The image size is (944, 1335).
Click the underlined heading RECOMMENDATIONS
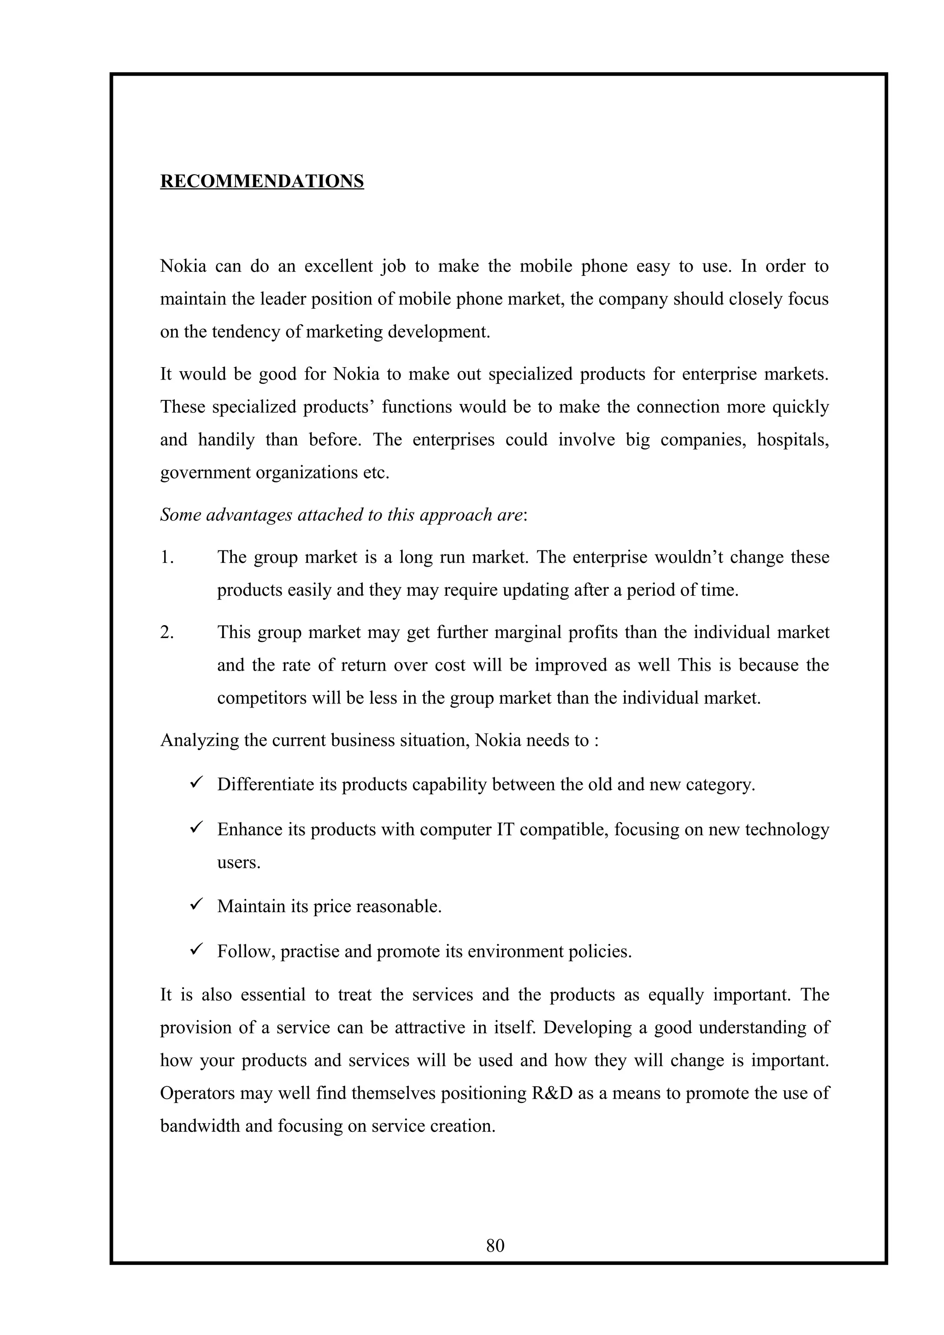(x=262, y=182)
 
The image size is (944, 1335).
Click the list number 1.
(x=166, y=557)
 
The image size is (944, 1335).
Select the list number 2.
(x=167, y=632)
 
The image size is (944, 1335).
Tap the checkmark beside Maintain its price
(x=196, y=904)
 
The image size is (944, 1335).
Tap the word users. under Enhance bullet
(x=238, y=862)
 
